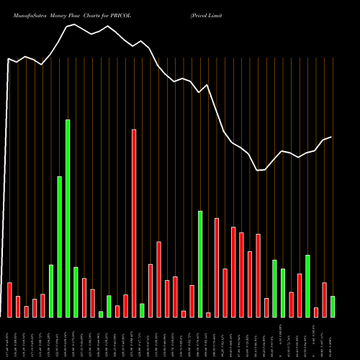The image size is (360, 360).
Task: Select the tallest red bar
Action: click(x=134, y=223)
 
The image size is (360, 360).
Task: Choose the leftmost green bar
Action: click(x=51, y=291)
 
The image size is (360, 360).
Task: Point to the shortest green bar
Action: click(x=101, y=314)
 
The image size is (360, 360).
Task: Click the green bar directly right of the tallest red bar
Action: click(x=142, y=310)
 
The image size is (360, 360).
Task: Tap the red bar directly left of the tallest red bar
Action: click(x=125, y=305)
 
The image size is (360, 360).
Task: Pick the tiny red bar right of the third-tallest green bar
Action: click(x=208, y=315)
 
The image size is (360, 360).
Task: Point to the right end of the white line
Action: click(x=331, y=137)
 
